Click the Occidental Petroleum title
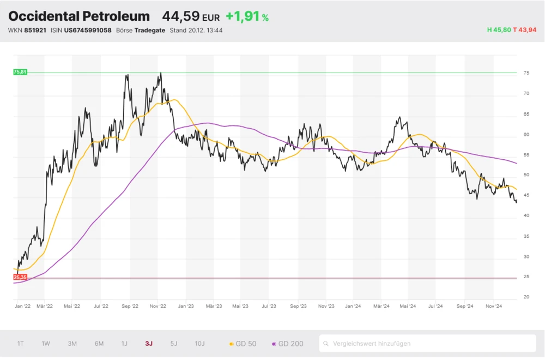(x=79, y=16)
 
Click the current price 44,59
(x=181, y=16)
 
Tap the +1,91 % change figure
(x=247, y=16)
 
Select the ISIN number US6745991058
(x=88, y=30)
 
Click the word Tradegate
(x=150, y=30)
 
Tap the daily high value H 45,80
(x=499, y=30)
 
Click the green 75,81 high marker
(x=20, y=72)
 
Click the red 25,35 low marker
(x=20, y=278)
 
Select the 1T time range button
(x=21, y=344)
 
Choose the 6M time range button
(x=99, y=344)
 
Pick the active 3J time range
(x=149, y=344)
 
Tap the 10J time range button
(x=200, y=344)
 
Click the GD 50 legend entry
(x=243, y=344)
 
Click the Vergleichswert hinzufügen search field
(x=427, y=344)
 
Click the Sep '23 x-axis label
(x=299, y=307)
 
